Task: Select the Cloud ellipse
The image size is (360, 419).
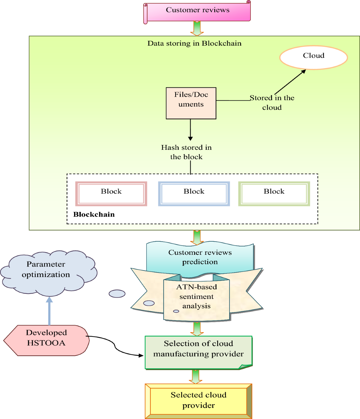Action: (313, 57)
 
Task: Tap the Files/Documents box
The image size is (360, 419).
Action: (191, 103)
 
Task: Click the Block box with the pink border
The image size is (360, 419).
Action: (111, 194)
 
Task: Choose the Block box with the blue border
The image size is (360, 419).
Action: (194, 194)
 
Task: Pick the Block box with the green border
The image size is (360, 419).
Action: (274, 194)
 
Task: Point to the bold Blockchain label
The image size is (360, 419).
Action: (94, 214)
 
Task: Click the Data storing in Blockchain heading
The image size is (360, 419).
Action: (194, 43)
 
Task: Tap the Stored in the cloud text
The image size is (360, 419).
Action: (272, 102)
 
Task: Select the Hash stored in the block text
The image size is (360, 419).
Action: (186, 152)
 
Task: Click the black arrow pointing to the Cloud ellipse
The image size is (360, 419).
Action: (290, 82)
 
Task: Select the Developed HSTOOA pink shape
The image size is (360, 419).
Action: (46, 340)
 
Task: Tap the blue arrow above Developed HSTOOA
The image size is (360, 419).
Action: (49, 311)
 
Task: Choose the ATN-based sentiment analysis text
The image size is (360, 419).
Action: (196, 296)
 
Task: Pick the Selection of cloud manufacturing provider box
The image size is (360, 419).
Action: (198, 352)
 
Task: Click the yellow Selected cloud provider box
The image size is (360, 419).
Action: (198, 401)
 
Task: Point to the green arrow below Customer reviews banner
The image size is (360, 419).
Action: (197, 29)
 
